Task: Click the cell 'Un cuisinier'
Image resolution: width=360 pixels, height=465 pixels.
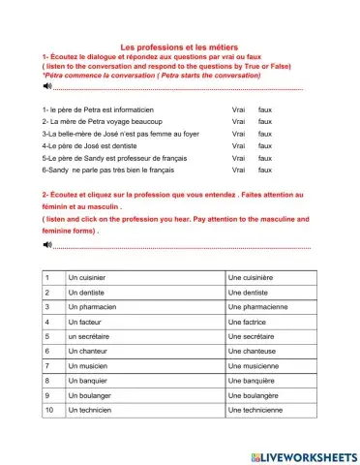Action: click(x=87, y=278)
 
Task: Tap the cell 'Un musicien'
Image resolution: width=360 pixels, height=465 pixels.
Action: click(x=87, y=366)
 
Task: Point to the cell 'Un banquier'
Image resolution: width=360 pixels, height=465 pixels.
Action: click(x=87, y=382)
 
